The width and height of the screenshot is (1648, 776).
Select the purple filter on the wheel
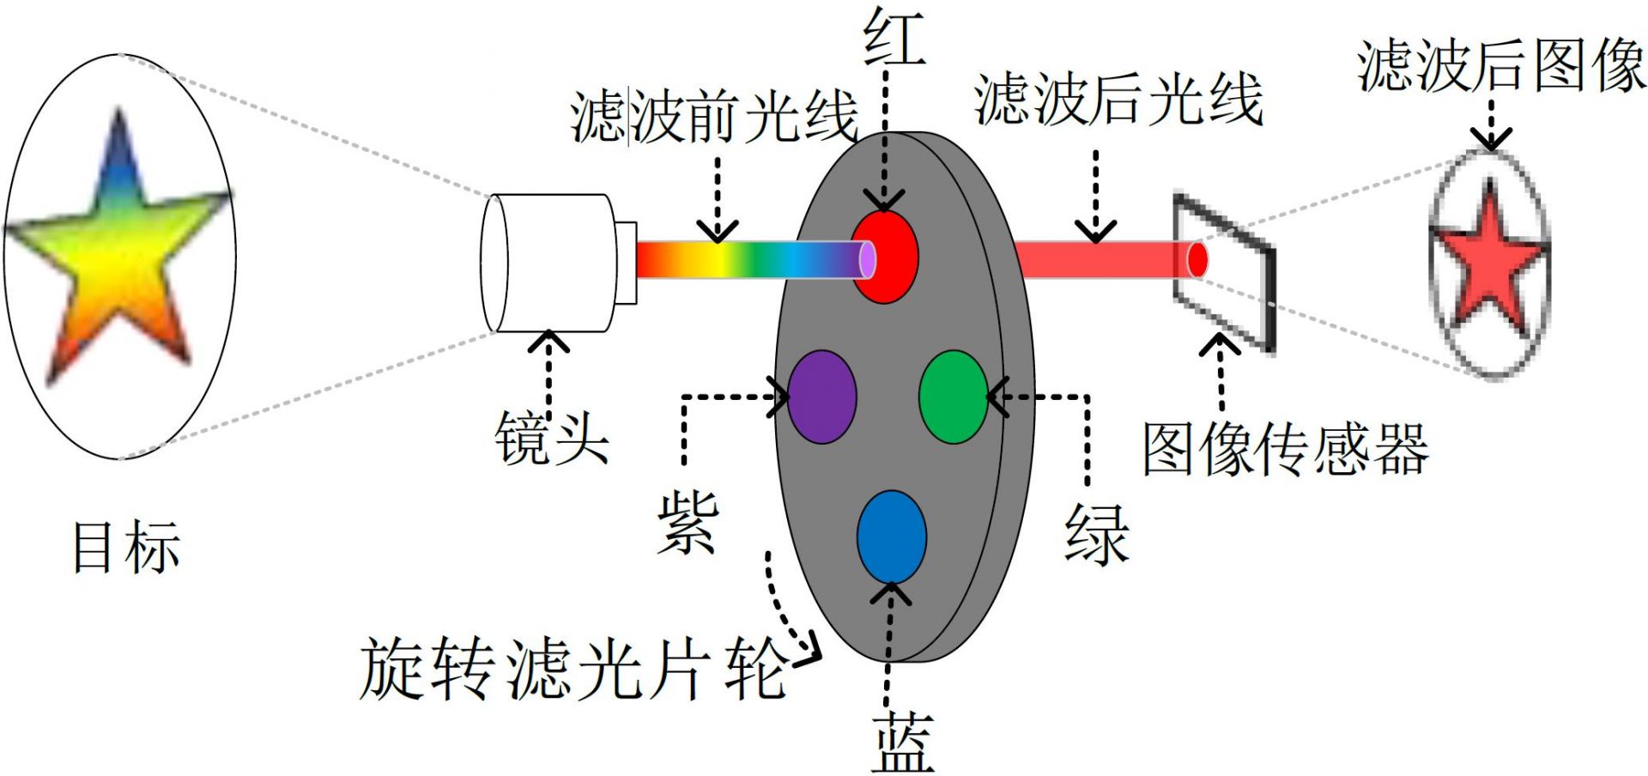point(822,397)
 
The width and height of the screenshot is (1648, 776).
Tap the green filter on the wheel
point(953,397)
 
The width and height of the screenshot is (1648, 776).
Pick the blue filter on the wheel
point(892,537)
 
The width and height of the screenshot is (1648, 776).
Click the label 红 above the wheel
point(894,39)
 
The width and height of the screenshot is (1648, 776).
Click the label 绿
point(1096,533)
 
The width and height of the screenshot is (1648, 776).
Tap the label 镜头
point(552,439)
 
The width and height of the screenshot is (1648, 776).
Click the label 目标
point(126,547)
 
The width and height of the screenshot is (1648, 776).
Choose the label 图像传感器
point(1285,449)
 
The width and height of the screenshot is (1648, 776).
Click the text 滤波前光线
point(714,117)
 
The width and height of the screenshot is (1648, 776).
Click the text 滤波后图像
point(1501,65)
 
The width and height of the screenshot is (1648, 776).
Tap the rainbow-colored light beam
point(747,259)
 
